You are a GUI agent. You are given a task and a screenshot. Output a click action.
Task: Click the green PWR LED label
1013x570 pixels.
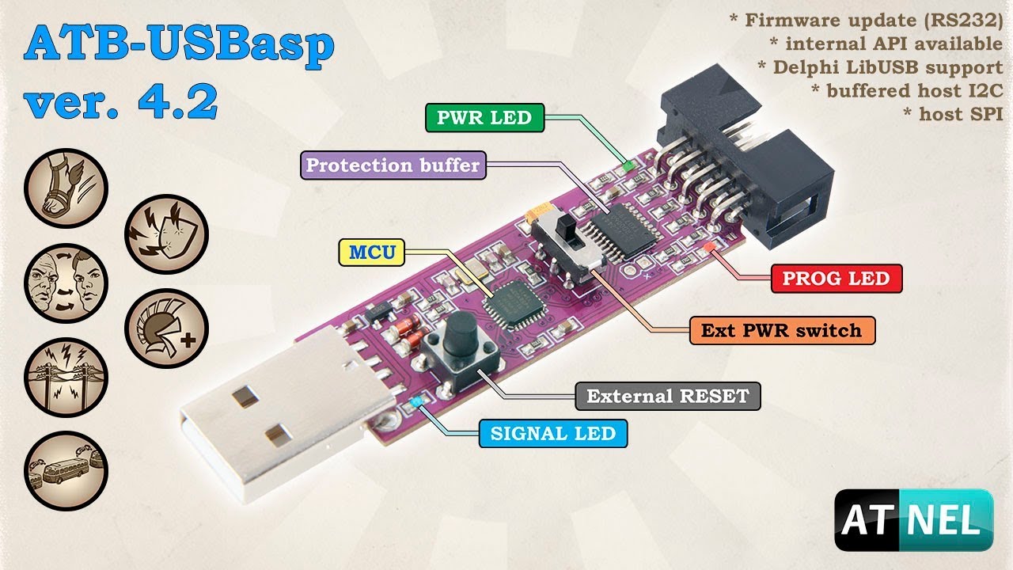click(x=485, y=118)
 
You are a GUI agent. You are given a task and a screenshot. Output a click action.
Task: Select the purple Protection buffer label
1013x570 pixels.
click(x=393, y=165)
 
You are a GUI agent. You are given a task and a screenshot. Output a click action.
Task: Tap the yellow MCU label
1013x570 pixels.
click(x=372, y=252)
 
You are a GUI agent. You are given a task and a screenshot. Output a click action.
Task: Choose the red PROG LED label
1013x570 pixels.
click(x=837, y=278)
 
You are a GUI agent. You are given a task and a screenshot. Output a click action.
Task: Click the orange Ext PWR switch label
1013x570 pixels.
click(x=783, y=330)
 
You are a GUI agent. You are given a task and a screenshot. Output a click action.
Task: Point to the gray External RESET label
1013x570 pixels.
click(x=668, y=397)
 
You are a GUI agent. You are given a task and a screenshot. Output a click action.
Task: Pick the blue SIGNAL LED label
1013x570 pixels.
click(x=553, y=433)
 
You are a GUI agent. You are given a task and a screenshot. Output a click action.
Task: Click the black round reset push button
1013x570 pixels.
click(x=460, y=332)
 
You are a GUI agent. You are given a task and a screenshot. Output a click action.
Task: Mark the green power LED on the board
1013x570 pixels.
click(x=628, y=166)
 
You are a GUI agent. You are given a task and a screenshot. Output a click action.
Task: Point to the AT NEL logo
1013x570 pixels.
click(x=913, y=520)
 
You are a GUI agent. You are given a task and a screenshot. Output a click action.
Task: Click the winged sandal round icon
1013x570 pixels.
click(x=66, y=188)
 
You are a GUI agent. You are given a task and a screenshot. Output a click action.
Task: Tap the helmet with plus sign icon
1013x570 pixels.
click(x=166, y=329)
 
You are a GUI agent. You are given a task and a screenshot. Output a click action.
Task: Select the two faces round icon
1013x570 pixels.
click(x=66, y=283)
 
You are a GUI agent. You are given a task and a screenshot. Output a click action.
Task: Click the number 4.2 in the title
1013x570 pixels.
click(x=178, y=101)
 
